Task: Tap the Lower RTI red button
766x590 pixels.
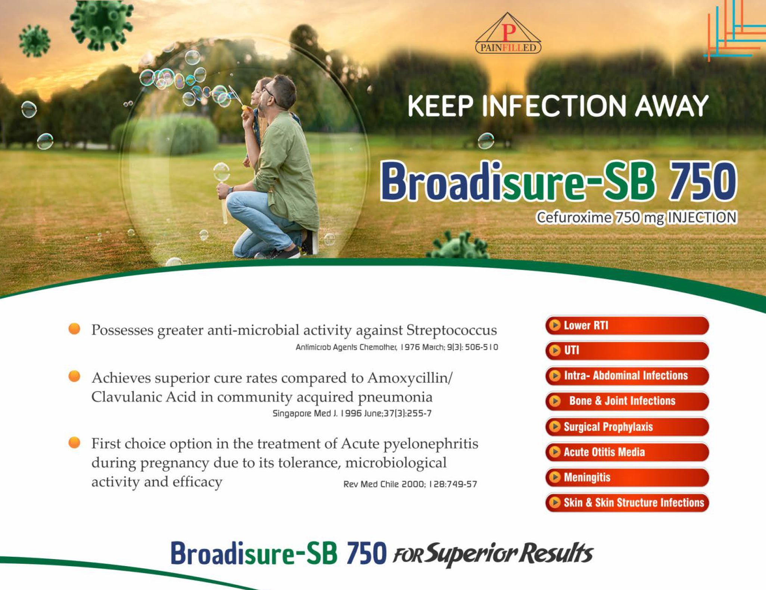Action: point(627,325)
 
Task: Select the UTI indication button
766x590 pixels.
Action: point(627,350)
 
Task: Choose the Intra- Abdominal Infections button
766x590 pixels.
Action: point(627,376)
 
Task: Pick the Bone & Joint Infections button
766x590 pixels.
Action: point(627,401)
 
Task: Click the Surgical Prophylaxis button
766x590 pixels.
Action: point(627,427)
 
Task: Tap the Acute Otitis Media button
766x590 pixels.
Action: point(627,452)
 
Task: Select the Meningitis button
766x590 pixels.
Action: point(627,477)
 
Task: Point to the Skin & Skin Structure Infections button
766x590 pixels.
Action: point(627,503)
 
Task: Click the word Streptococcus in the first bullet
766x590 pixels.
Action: point(451,330)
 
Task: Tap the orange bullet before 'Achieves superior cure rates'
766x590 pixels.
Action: point(74,376)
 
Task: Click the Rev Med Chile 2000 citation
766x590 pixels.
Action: point(410,484)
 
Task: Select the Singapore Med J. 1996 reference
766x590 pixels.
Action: point(352,413)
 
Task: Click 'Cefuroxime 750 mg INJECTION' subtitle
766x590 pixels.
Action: point(636,217)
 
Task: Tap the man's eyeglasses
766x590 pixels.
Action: point(269,92)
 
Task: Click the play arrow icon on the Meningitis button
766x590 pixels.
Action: point(555,477)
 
